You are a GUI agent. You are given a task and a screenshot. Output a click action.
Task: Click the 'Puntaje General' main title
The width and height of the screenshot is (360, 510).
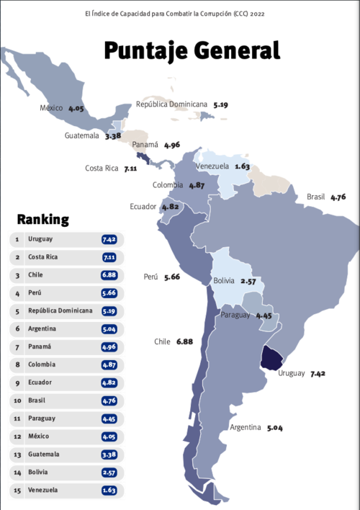coord(191,50)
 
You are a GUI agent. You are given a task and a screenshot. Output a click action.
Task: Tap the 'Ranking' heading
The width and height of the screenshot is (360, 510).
coord(43,219)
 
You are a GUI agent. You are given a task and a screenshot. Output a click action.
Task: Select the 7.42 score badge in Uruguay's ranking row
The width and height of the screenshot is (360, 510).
coord(109,239)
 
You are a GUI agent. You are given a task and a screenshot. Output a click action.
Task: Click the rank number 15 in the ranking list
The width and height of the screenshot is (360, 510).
coord(16,491)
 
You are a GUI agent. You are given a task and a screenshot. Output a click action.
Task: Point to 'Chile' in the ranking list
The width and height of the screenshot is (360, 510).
coord(35,275)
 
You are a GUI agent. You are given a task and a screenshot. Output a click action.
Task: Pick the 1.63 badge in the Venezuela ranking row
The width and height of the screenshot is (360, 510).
coord(109,491)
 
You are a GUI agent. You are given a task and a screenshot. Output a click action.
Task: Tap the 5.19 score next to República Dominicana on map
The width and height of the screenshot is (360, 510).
coord(220,104)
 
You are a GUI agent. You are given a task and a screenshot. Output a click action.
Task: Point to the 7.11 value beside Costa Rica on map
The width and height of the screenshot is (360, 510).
coord(130,169)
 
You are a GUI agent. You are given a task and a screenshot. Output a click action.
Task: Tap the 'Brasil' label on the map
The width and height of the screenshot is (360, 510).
coord(316,197)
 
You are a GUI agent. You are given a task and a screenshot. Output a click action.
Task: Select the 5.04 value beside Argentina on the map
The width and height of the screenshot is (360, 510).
coord(275,428)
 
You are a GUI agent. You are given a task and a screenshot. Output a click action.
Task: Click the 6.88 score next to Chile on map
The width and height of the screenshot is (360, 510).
coord(184,341)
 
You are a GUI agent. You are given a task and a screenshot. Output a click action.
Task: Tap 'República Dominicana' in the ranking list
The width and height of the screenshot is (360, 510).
coord(60,311)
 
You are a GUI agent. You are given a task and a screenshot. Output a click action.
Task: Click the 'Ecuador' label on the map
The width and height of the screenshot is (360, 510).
coord(144,207)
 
